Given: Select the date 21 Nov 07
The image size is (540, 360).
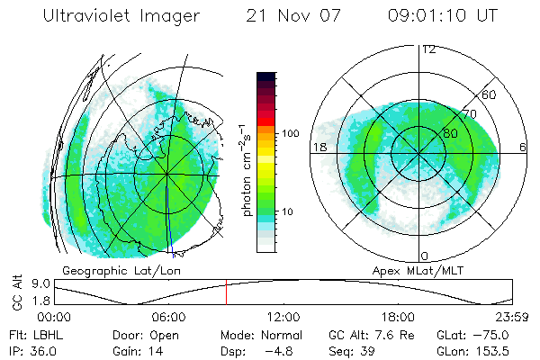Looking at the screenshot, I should (x=286, y=16).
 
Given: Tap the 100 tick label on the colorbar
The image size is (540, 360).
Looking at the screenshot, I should (x=290, y=132).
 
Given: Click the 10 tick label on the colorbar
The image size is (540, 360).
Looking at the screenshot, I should (x=287, y=212).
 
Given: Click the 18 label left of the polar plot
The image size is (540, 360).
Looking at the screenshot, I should (x=319, y=146).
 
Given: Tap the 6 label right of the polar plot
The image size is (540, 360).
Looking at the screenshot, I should (x=522, y=146).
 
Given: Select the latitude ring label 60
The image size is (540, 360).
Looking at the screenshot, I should (x=490, y=94).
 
